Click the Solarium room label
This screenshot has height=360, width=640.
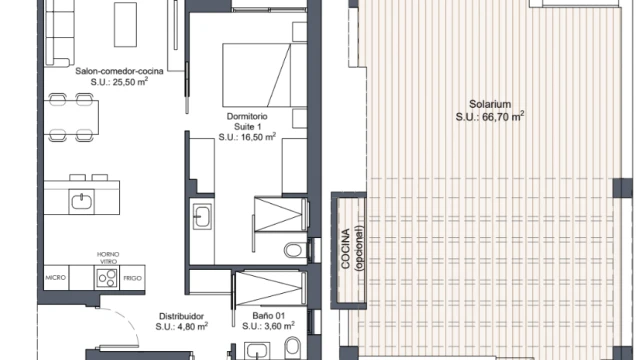[x=490, y=104]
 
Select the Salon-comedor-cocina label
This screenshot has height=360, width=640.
[x=119, y=71]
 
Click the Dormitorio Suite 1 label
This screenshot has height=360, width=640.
[x=247, y=122]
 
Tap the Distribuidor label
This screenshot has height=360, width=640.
[x=181, y=316]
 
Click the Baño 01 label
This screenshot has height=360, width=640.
[x=269, y=316]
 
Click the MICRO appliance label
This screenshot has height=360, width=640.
[x=56, y=278]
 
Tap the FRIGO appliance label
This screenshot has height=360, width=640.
[x=133, y=278]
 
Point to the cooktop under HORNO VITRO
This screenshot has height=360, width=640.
[x=107, y=278]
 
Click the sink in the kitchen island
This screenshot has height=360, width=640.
[x=82, y=201]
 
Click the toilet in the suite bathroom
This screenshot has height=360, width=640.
[x=295, y=250]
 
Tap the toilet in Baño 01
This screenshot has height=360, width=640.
[x=292, y=346]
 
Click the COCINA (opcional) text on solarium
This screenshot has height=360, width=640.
[x=351, y=248]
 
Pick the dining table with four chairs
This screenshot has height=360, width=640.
[x=71, y=117]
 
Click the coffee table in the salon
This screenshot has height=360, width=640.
[x=125, y=24]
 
